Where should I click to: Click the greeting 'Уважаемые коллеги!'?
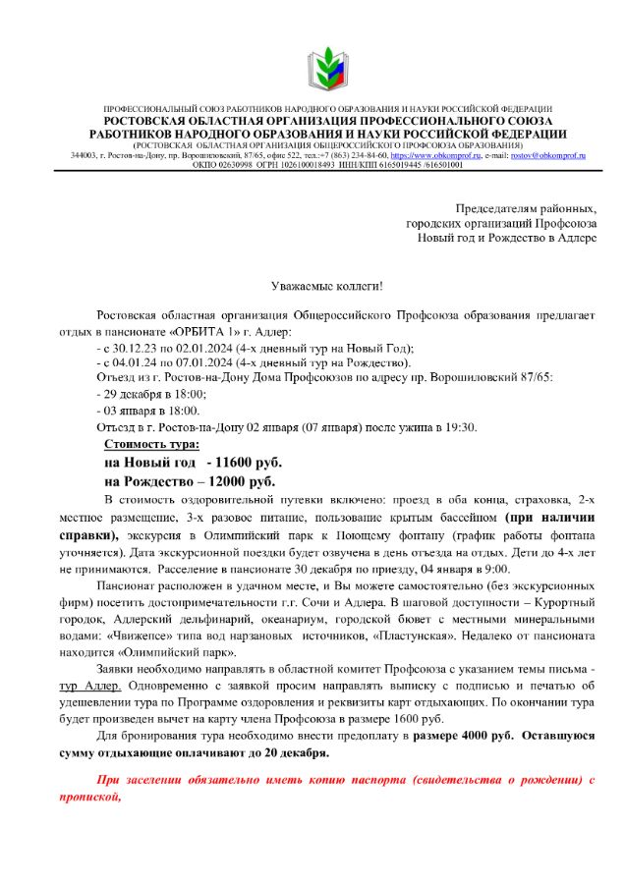click(327, 286)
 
